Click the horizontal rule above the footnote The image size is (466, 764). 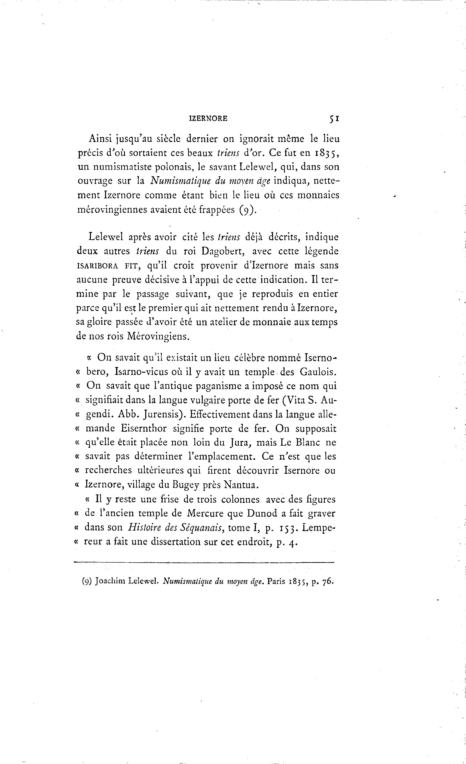click(204, 562)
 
